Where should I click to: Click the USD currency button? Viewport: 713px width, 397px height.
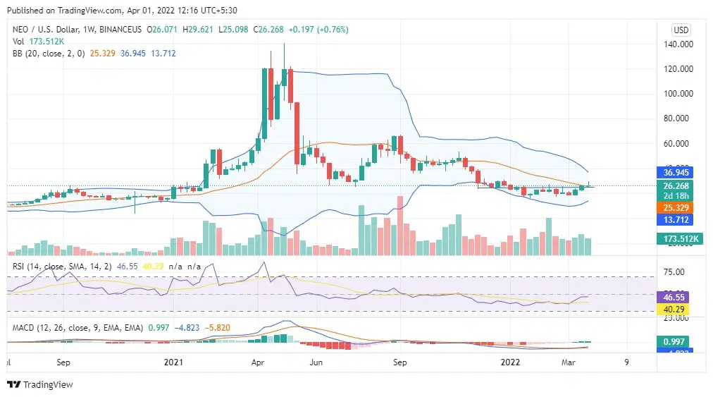[x=681, y=30]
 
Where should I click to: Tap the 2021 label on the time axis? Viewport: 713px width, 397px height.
[x=173, y=362]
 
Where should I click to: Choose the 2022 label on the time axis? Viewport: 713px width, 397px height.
[x=511, y=362]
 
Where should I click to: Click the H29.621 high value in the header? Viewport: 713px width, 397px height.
[x=199, y=30]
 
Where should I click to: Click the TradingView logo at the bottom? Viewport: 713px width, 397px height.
[x=40, y=384]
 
